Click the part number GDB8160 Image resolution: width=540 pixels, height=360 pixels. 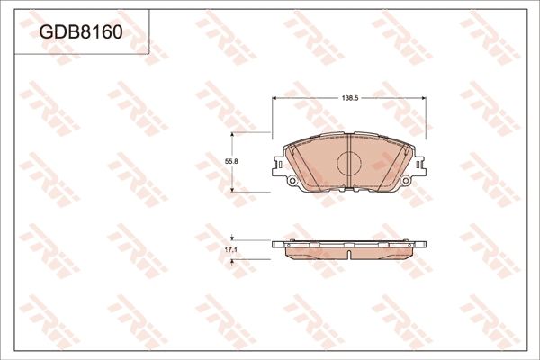(80, 32)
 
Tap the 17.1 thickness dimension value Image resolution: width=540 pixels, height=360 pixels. (230, 248)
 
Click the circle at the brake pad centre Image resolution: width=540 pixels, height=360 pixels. (348, 162)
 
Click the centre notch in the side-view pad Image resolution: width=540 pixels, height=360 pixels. (348, 253)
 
